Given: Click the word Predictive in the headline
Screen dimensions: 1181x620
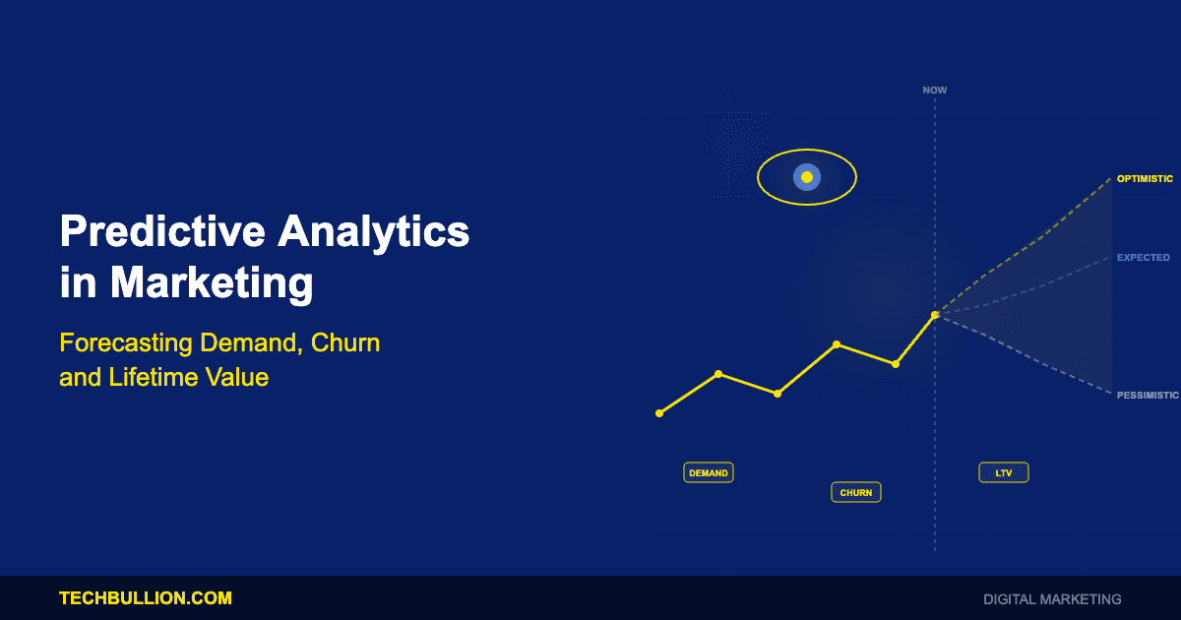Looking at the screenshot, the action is [x=162, y=231].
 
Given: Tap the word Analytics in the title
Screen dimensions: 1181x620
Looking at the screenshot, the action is [x=373, y=232].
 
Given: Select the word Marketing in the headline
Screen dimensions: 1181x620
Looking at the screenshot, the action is [x=212, y=283].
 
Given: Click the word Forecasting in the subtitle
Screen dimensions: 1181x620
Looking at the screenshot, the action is [x=126, y=342].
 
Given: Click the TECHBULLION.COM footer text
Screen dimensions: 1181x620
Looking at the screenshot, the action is [x=146, y=598].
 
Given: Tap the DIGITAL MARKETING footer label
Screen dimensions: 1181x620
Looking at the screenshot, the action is [x=1052, y=599].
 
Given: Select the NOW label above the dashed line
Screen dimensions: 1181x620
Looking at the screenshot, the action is [x=935, y=91].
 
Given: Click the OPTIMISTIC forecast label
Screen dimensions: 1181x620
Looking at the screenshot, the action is [x=1145, y=179].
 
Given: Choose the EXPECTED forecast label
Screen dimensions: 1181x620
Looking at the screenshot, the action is [x=1143, y=257].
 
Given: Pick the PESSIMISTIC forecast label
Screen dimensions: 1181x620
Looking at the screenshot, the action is [x=1148, y=395].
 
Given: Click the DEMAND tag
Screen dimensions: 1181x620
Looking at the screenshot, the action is [x=709, y=473].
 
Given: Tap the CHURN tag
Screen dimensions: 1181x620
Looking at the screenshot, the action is [x=856, y=492].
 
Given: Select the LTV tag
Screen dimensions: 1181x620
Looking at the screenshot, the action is [x=1004, y=473].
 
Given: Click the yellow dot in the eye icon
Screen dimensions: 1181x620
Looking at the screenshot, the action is [x=807, y=177].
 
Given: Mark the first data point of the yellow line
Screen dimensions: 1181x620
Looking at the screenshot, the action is [x=659, y=413].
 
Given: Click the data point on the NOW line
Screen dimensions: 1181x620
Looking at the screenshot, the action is [x=935, y=315].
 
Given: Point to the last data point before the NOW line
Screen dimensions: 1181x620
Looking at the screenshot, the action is [x=896, y=364].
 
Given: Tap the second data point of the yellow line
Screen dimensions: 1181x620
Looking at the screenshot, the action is [x=718, y=374].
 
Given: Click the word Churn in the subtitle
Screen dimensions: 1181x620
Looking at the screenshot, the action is [x=345, y=342].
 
